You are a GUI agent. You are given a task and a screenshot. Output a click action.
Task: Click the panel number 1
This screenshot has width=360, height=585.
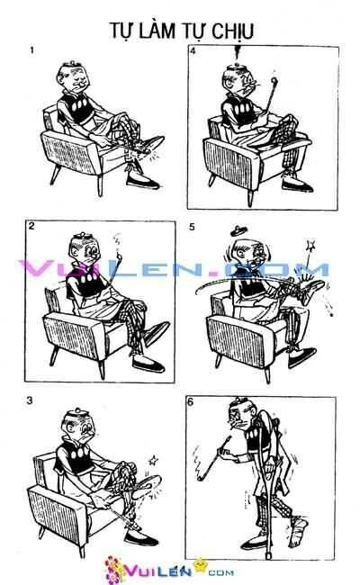(x=32, y=51)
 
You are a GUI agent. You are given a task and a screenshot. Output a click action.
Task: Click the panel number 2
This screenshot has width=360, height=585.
(x=31, y=226)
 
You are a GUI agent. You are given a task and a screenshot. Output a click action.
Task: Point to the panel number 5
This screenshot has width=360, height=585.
(x=192, y=227)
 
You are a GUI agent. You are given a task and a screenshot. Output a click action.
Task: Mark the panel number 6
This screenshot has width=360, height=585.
(x=191, y=400)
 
